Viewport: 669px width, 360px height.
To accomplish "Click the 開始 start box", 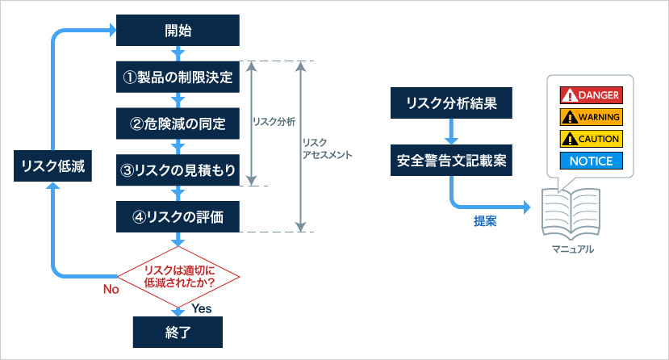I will tap(178, 32).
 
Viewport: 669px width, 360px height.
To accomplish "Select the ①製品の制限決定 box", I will tap(178, 78).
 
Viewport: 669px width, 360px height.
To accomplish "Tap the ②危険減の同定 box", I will tap(178, 124).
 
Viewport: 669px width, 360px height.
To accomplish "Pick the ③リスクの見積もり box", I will tap(178, 170).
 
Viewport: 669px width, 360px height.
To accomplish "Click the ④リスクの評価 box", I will tap(178, 216).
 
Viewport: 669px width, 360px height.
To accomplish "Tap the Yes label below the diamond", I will tap(202, 309).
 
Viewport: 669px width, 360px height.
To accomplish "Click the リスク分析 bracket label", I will tap(274, 122).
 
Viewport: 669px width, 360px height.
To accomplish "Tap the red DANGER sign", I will tap(591, 95).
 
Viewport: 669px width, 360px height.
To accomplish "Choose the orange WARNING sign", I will tap(591, 117).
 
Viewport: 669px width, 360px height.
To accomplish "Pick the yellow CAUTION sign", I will tap(591, 139).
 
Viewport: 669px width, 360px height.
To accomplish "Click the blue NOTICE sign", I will tap(591, 161).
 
